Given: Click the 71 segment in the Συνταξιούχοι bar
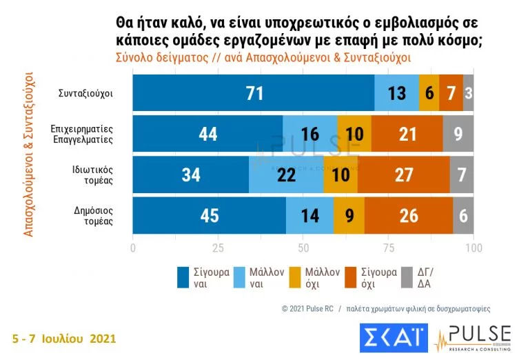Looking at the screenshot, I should click(254, 93).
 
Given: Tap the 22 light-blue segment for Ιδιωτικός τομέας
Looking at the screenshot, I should click(286, 174).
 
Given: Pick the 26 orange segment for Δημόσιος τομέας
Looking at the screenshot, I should click(409, 215).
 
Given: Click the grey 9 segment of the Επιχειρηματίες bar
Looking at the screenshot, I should click(458, 134).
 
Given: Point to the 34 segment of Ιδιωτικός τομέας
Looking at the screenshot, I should click(191, 174).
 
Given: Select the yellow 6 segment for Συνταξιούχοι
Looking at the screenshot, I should click(429, 93).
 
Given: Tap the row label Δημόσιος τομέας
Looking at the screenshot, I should click(95, 215).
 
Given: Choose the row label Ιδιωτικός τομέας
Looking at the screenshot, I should click(95, 174).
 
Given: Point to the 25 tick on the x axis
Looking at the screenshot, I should click(218, 247).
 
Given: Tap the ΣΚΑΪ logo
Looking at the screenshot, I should click(389, 339).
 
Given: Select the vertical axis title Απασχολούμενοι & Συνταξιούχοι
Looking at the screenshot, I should click(29, 154).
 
